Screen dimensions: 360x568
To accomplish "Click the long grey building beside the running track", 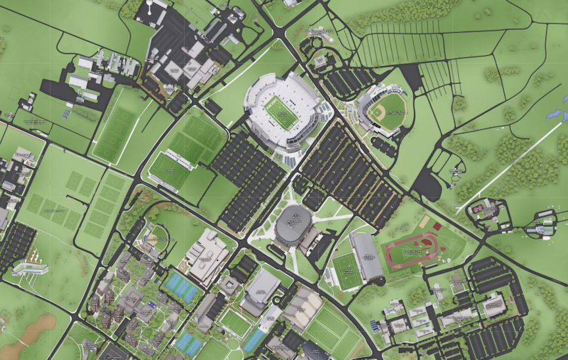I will coord(367,256).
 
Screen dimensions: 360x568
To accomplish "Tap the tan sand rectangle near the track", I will coord(425,221).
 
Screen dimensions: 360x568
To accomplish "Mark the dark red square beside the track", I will coord(437,227).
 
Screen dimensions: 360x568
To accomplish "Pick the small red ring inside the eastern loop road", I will coord(478,209).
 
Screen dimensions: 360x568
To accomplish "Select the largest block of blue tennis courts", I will coord(181,287).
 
